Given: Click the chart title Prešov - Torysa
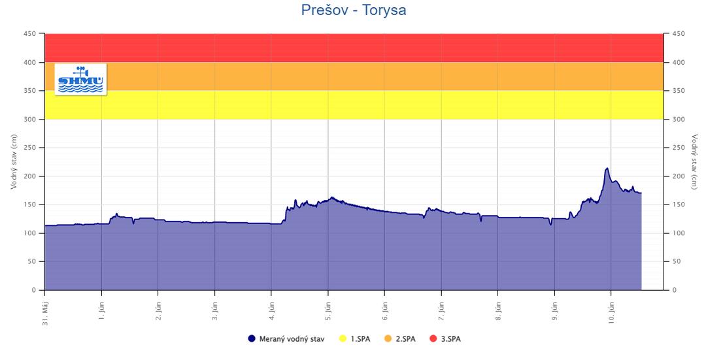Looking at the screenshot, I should pos(353,10).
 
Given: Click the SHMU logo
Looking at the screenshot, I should pos(80,80).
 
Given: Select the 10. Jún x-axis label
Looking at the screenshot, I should pos(611,309).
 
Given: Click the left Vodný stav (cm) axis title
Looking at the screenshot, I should pos(14,162).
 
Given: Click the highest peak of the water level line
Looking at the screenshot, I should pos(607,169).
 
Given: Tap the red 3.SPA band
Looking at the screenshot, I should pos(353,48).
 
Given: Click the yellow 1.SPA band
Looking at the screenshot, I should pos(353,105).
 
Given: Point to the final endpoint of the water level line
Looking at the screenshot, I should pos(641,193).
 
